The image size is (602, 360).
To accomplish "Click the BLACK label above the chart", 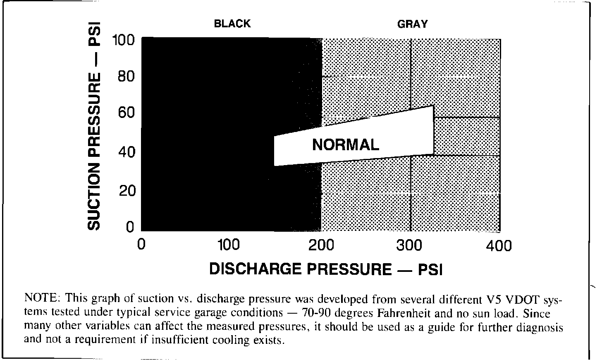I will point(232,24).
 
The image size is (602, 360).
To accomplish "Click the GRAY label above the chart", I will point(412,24).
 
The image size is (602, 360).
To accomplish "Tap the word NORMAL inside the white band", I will point(345,145).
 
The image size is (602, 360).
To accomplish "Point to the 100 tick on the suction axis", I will point(123,41).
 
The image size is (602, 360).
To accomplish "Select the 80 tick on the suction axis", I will point(126,77).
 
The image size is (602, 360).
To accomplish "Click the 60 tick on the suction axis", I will point(126,113).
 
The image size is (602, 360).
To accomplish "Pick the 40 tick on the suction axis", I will point(126,152).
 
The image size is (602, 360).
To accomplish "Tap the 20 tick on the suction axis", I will point(126,191).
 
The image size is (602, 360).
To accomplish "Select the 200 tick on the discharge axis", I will point(321,245).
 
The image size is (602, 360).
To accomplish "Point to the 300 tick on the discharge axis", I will point(410,245).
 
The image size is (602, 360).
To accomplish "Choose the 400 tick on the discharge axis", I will point(499,246).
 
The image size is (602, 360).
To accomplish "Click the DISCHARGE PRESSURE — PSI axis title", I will point(326,269).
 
